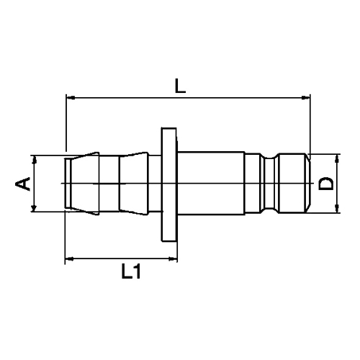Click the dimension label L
coord(181,86)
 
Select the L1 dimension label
coord(132,271)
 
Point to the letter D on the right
coord(326,184)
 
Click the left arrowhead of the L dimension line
coord(70,97)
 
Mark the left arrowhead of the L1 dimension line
coord(70,258)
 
